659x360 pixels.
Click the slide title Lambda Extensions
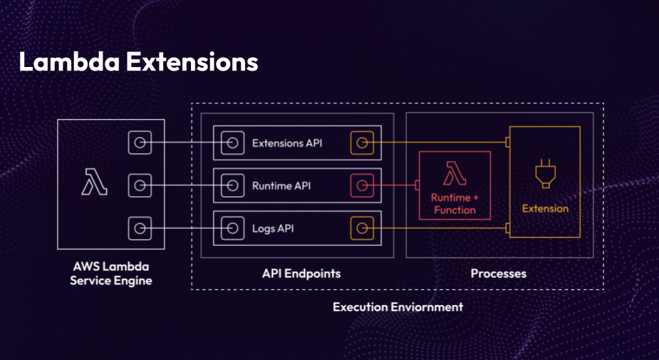click(x=138, y=62)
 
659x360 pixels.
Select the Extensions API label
click(x=286, y=143)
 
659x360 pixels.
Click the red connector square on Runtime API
click(x=362, y=186)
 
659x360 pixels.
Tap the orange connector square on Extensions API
click(x=362, y=143)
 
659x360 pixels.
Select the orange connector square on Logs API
click(x=362, y=229)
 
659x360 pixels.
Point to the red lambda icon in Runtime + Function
click(x=454, y=174)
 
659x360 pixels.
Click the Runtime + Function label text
click(x=454, y=203)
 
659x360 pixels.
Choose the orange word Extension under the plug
click(x=545, y=209)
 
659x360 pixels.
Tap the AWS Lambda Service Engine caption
click(x=110, y=274)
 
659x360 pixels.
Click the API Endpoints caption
click(x=297, y=274)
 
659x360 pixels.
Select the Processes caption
click(x=499, y=274)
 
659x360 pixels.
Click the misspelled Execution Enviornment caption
click(x=398, y=307)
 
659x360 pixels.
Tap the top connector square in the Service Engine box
click(x=140, y=143)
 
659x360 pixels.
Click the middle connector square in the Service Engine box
click(x=140, y=186)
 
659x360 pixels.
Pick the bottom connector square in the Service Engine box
click(x=140, y=229)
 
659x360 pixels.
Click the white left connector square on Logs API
click(x=232, y=229)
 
